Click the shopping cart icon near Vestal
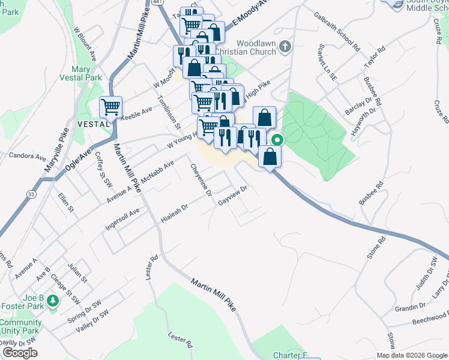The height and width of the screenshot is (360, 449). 110,107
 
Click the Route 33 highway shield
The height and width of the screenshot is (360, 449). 29,194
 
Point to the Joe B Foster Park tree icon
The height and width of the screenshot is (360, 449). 53,299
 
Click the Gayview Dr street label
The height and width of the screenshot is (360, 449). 233,196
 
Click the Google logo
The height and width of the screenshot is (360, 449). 20,353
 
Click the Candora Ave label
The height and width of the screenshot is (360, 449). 28,156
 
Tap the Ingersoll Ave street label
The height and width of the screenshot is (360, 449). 122,219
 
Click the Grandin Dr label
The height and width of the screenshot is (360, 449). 411,307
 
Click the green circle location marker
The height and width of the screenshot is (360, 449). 277,141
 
